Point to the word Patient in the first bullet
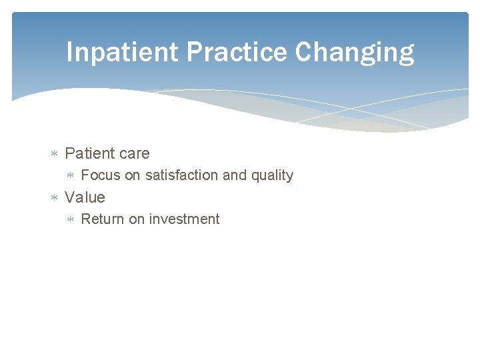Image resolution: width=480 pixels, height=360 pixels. click(x=89, y=153)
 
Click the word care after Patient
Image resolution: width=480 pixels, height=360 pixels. click(x=133, y=154)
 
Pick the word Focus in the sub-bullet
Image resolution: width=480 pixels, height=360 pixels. click(x=100, y=175)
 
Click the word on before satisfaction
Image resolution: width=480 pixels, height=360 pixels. click(x=133, y=175)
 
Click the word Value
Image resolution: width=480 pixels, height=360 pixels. click(x=85, y=197)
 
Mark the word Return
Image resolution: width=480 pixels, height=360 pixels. click(x=102, y=219)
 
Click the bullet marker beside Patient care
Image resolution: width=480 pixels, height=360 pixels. click(x=55, y=154)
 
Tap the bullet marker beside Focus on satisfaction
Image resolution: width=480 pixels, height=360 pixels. click(x=71, y=176)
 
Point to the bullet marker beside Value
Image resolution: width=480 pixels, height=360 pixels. click(x=55, y=198)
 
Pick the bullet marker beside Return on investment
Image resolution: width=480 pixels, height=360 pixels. click(x=71, y=220)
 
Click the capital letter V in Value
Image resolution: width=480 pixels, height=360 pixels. click(x=70, y=197)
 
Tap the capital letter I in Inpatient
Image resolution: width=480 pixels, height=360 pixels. click(x=70, y=52)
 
